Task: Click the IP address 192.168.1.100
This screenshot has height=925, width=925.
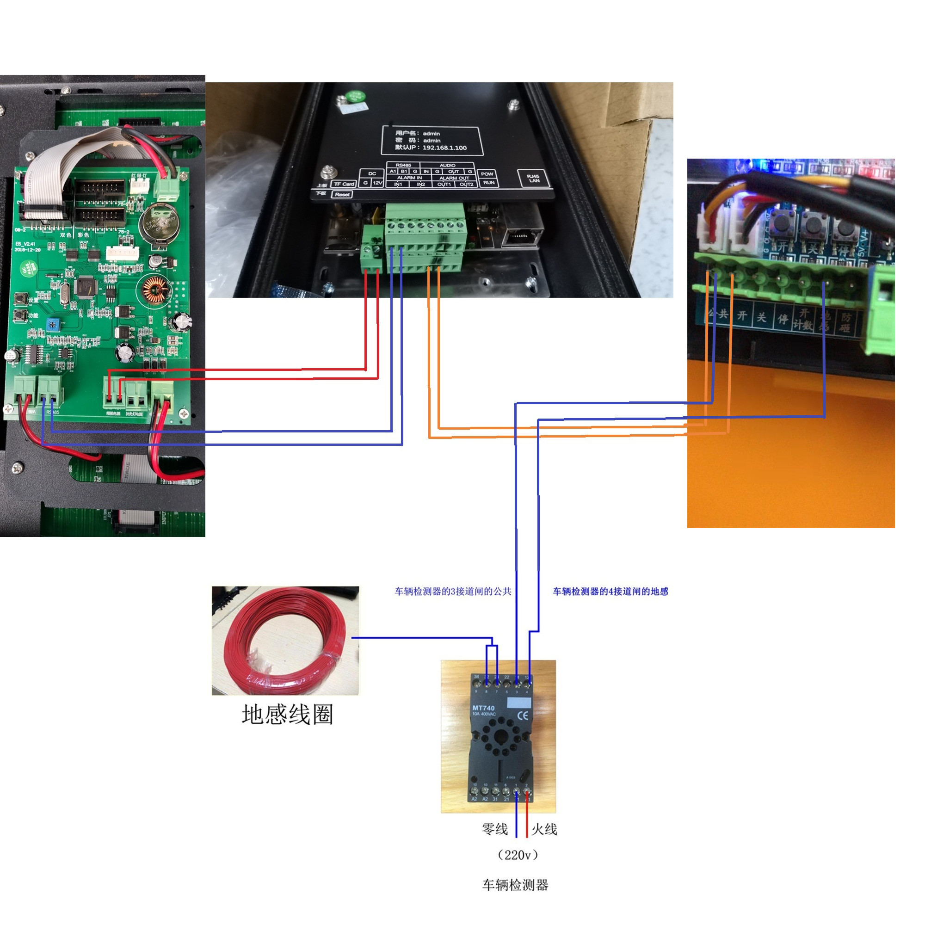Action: (x=444, y=148)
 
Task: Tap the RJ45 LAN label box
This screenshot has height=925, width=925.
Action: (x=533, y=179)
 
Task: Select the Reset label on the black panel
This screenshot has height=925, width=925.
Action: (x=342, y=194)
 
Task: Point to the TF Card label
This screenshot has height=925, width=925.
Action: (x=344, y=184)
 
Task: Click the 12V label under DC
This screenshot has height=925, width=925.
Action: (x=377, y=183)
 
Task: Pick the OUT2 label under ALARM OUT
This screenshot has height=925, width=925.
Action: (x=466, y=185)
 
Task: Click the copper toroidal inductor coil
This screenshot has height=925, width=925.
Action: (x=154, y=290)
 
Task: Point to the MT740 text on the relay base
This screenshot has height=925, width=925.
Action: (x=483, y=708)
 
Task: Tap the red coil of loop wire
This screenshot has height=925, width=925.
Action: (x=285, y=641)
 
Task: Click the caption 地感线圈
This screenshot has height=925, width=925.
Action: (x=287, y=715)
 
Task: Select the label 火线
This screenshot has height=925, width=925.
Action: (x=544, y=829)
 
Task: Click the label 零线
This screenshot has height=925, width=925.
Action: (x=494, y=829)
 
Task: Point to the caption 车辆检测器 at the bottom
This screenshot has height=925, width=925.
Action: (x=515, y=885)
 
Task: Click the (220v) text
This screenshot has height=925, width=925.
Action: (x=518, y=855)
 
